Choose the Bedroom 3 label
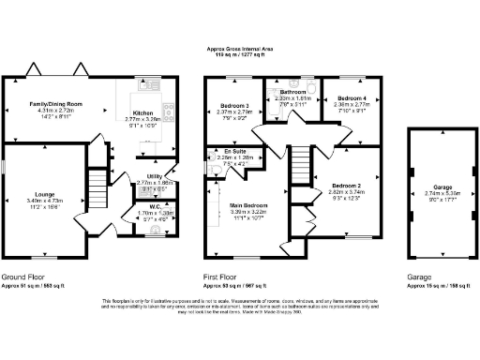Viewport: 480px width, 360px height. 233,105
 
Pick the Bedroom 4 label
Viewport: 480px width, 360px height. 352,97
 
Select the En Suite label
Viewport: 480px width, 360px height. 232,150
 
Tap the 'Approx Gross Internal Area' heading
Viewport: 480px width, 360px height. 241,50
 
